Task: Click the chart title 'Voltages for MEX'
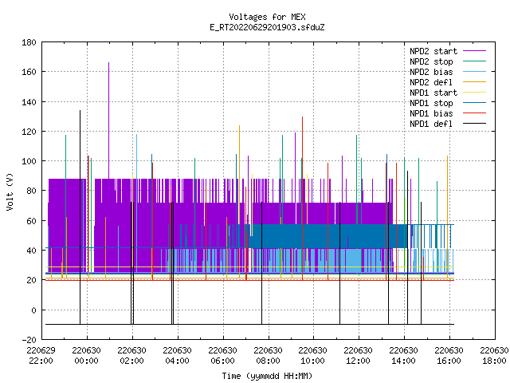pos(267,17)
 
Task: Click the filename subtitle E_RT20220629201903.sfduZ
pos(267,27)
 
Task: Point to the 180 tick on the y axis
pos(29,42)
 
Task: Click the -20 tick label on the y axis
pos(29,340)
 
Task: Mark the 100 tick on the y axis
pos(29,161)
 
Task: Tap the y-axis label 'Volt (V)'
pos(10,191)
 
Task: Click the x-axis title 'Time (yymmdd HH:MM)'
pos(267,376)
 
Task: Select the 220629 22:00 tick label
pos(41,356)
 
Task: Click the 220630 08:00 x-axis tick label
pos(268,356)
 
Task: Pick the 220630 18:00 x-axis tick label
pos(494,356)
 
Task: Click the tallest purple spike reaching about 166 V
pos(108,120)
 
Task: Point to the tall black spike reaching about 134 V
pos(80,217)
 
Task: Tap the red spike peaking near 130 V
pos(303,198)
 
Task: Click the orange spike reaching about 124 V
pos(239,201)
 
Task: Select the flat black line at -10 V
pos(249,325)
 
